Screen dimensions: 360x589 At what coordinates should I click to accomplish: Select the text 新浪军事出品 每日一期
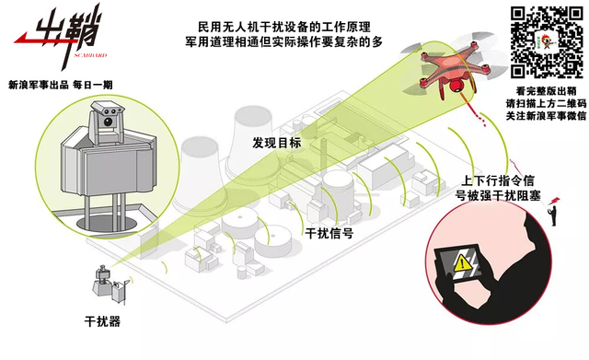pos(59,84)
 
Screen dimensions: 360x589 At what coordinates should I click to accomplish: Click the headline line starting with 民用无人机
pos(275,25)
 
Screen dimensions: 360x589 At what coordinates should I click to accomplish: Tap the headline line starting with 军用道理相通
pos(275,41)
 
